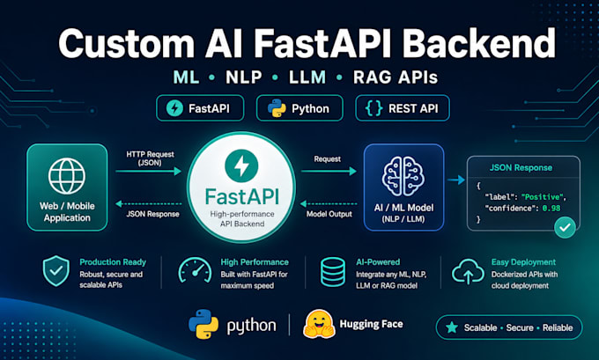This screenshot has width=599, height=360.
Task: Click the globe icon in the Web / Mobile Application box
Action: coord(67,176)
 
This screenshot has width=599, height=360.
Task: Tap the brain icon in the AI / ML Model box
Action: coord(403,176)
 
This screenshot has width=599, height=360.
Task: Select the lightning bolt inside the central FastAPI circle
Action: coord(241,166)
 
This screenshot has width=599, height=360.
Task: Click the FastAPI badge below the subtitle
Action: coord(200,108)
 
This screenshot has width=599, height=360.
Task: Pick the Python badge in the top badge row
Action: coord(299,108)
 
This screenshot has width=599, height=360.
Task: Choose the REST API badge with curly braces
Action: coord(403,108)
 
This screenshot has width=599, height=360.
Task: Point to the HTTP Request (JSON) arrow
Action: coord(149,172)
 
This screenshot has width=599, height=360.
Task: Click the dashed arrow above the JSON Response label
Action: coord(149,204)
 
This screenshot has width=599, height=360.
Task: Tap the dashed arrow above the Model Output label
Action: coord(329,204)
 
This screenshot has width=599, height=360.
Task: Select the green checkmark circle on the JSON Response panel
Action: coord(565,227)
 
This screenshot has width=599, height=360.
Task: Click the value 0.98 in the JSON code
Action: coord(551,209)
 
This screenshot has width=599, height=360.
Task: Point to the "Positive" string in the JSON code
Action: coord(543,197)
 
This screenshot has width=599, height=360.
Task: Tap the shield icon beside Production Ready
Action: coord(56,271)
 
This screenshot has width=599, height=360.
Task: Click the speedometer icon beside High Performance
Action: coord(196,270)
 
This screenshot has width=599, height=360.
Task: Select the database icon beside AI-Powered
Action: coord(333,272)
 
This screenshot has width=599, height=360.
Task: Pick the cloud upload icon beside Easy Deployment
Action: coord(468,271)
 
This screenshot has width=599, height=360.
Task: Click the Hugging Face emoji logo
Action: coord(319,324)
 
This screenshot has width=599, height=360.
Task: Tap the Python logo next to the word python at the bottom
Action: coord(203,324)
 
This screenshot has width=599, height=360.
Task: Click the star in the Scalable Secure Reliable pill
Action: coord(452,327)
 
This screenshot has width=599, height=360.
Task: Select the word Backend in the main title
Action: coord(479,43)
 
